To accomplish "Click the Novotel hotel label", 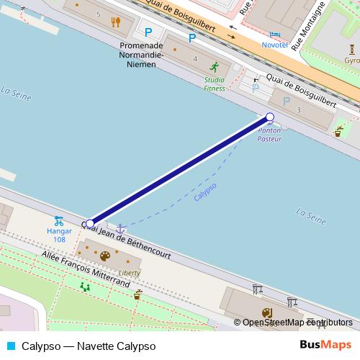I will [x=275, y=44].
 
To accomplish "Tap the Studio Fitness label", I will [x=214, y=84].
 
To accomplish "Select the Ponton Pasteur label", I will [x=269, y=134].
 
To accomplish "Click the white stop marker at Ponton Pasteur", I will [x=270, y=117].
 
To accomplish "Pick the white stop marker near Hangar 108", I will [x=89, y=223].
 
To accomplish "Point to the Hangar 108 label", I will [x=59, y=235].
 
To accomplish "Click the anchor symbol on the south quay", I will [x=121, y=228].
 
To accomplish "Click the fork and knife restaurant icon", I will [x=115, y=22].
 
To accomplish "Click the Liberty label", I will [x=129, y=273].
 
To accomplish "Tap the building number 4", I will [x=195, y=58].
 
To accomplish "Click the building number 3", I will [x=297, y=109].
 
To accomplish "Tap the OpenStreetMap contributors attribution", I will [x=297, y=323].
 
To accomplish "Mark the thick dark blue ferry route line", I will [x=180, y=170].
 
